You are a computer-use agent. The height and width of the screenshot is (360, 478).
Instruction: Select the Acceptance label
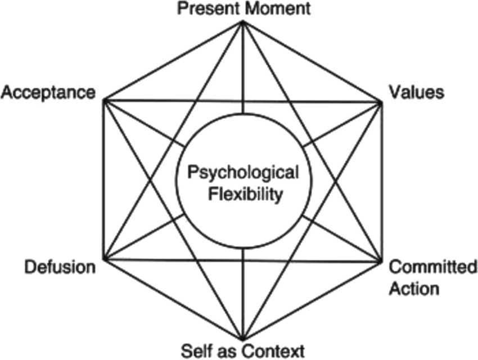pyautogui.click(x=48, y=92)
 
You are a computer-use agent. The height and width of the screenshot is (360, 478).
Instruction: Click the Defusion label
pyautogui.click(x=60, y=267)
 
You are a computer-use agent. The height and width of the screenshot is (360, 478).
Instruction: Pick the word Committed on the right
pyautogui.click(x=433, y=267)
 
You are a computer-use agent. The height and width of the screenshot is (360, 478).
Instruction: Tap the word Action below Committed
pyautogui.click(x=414, y=289)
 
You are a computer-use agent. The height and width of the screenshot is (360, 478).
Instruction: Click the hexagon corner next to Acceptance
pyautogui.click(x=105, y=101)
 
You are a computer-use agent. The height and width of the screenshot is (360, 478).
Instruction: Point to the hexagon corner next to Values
pyautogui.click(x=382, y=102)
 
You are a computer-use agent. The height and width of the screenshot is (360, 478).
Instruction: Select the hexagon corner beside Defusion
pyautogui.click(x=105, y=260)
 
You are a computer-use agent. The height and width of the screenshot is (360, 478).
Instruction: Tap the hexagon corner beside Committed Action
pyautogui.click(x=382, y=261)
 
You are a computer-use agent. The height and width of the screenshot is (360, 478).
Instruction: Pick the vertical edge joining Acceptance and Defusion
pyautogui.click(x=105, y=180)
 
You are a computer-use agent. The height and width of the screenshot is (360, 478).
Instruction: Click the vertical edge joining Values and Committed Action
pyautogui.click(x=382, y=180)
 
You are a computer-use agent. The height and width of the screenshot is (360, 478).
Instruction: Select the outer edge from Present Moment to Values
pyautogui.click(x=312, y=62)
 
